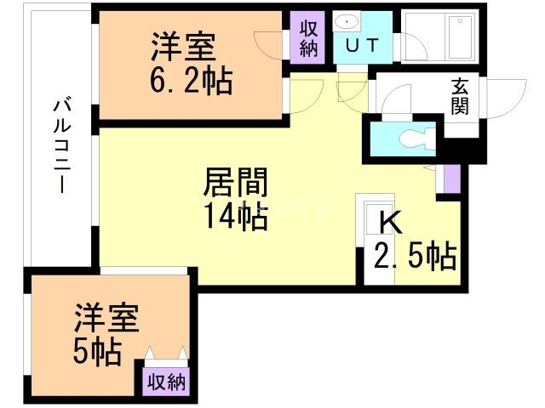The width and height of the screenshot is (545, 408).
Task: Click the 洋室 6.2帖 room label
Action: [x=191, y=63]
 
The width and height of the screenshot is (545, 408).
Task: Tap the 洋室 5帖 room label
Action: [x=106, y=334]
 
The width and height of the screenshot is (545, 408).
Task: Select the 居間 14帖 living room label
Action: [x=236, y=198]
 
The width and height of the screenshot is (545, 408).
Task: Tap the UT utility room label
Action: [x=361, y=45]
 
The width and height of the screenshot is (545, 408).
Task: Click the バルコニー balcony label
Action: [x=62, y=146]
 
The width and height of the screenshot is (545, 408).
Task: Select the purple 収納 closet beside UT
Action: [x=307, y=37]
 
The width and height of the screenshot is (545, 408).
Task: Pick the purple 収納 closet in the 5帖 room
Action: [x=166, y=382]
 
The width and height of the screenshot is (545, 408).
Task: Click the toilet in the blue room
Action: [x=416, y=139]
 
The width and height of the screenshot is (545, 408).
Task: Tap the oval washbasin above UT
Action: [x=347, y=22]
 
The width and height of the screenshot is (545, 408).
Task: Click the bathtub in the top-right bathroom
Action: [x=460, y=37]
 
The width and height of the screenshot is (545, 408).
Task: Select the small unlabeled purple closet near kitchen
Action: [x=452, y=178]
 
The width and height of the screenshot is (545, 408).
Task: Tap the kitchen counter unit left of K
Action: [x=376, y=239]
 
